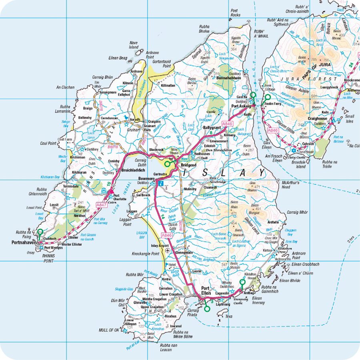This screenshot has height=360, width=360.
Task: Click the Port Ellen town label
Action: click(206, 291)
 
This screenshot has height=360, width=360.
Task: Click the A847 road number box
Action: click(102, 204)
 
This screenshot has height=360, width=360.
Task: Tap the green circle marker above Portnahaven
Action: click(40, 232)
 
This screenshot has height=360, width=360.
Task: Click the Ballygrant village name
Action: click(212, 127)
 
